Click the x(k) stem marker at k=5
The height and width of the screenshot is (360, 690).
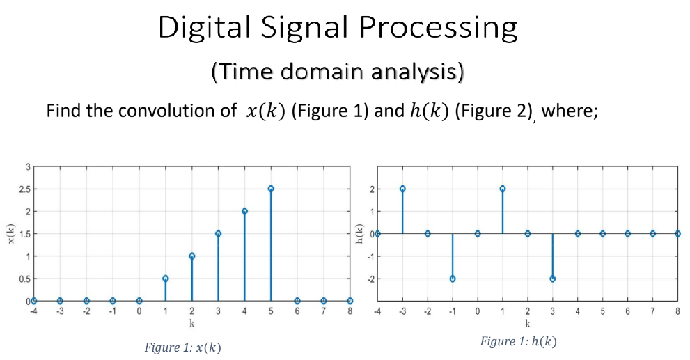coord(270,189)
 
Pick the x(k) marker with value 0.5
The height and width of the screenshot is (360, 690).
coord(165,279)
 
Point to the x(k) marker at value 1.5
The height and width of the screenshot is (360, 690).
coord(218,233)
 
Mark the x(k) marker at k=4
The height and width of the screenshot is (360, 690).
coord(244,211)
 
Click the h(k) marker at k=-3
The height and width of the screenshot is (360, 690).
coord(402,189)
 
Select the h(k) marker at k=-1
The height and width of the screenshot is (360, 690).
coord(453,279)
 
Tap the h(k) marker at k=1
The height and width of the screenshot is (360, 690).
coord(502,189)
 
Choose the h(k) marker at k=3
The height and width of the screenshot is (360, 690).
coord(552,279)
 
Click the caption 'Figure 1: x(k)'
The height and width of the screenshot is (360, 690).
coord(182,347)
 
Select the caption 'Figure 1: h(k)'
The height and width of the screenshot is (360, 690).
coord(518,341)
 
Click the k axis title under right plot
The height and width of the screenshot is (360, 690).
coord(527,323)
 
